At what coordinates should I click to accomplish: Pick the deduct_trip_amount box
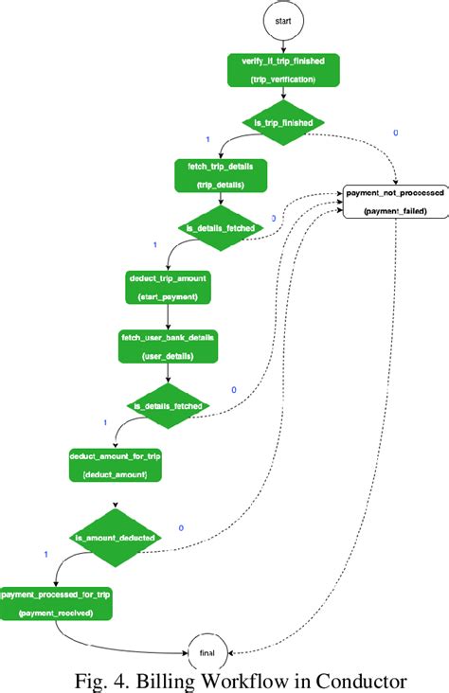tap(167, 289)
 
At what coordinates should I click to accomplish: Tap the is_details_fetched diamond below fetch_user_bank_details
tap(169, 405)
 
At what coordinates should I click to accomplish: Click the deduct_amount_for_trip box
tap(115, 464)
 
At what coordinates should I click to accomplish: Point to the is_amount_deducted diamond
tap(116, 538)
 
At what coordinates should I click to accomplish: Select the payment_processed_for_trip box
tap(56, 602)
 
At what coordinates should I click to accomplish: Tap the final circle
tap(207, 652)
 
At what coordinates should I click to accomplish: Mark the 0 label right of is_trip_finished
tap(395, 133)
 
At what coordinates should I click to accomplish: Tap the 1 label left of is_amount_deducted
tap(45, 553)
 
